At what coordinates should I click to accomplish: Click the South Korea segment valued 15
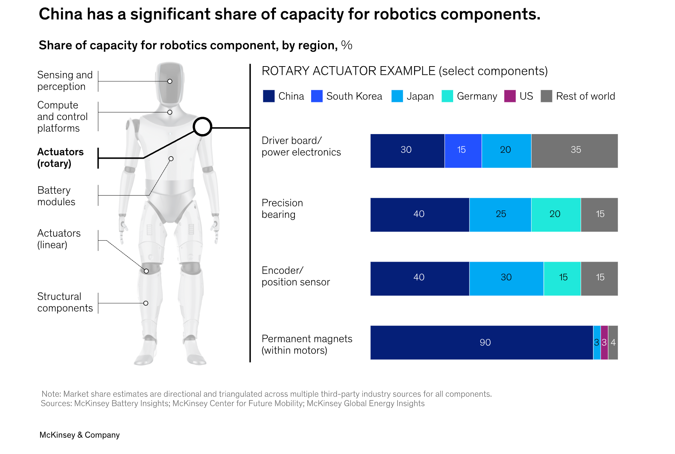coord(463,151)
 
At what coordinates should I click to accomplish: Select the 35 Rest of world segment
coord(575,151)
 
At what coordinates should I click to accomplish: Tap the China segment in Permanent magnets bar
coord(482,342)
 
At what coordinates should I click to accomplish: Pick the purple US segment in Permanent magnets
coord(604,342)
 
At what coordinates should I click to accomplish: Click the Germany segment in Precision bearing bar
coord(556,215)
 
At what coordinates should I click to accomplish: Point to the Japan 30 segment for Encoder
coord(507,279)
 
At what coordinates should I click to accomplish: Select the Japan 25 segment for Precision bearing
coord(500,215)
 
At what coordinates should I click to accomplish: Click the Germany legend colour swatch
coord(447,96)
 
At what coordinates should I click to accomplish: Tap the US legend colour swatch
coord(510,96)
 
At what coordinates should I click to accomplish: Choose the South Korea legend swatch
coord(317,96)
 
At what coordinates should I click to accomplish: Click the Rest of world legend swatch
coord(546,96)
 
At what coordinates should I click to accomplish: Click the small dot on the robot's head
coord(170,81)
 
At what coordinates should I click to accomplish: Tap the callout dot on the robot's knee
coord(146,271)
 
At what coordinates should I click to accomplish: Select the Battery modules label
coord(56,196)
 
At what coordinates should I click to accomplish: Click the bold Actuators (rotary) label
coord(60,158)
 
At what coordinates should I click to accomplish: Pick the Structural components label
coord(65,302)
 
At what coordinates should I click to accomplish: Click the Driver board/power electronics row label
coord(301,146)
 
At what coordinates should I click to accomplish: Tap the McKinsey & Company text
coord(79,435)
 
